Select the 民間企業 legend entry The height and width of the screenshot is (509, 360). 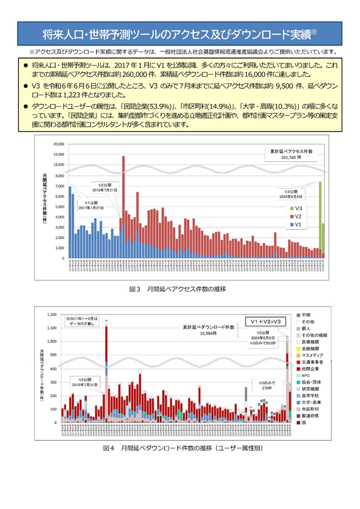tap(309, 368)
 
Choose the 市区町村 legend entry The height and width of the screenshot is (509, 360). tap(309, 409)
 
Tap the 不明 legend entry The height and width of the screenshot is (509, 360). tap(305, 315)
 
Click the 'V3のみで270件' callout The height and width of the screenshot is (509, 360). tap(266, 385)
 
